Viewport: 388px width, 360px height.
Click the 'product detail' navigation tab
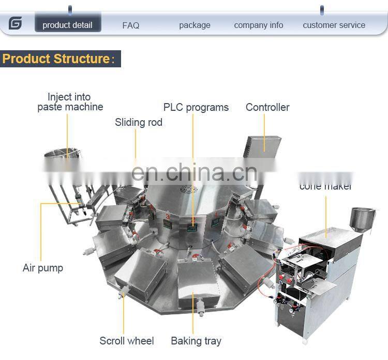(x=67, y=25)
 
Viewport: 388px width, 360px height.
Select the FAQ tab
(x=131, y=25)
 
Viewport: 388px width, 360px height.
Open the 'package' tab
(x=195, y=25)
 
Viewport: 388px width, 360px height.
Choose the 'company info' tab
(x=258, y=25)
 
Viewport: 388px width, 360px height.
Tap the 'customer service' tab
(x=334, y=25)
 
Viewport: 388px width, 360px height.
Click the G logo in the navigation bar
(x=15, y=23)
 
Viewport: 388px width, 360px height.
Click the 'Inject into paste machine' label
(x=70, y=102)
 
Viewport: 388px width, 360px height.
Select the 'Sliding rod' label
(x=138, y=122)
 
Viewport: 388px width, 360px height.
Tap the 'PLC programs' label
(x=196, y=107)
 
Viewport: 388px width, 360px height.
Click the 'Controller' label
(x=267, y=107)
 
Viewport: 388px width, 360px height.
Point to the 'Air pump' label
(x=43, y=268)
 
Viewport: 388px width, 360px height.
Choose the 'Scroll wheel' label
(x=127, y=341)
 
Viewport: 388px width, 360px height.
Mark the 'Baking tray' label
(x=196, y=341)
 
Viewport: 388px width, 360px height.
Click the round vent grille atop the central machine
(x=188, y=189)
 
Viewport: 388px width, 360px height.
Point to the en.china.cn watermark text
(x=194, y=171)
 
